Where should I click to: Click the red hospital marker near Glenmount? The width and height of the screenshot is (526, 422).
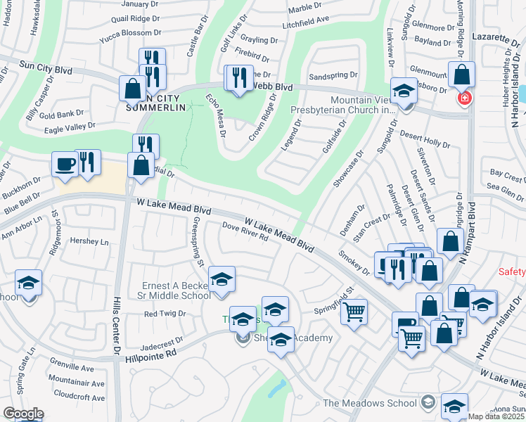pos(463,98)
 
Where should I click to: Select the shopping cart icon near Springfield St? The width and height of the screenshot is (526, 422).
pos(354,310)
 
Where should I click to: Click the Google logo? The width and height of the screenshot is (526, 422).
pos(23,414)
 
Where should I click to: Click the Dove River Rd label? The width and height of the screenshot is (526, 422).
pos(245,232)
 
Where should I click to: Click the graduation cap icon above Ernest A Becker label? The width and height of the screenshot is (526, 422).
pos(222,279)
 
